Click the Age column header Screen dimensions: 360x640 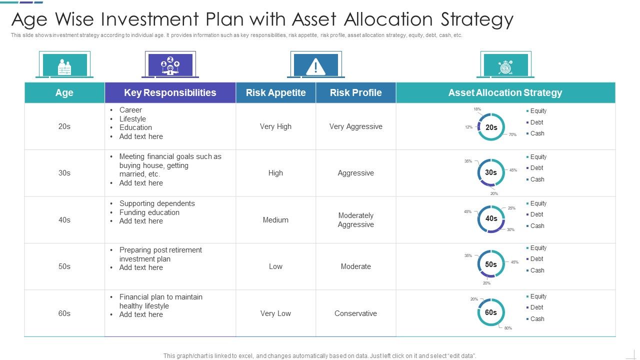coord(64,92)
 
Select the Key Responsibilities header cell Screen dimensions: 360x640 coord(170,92)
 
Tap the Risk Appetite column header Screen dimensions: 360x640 coord(275,92)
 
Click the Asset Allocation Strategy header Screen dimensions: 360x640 coord(505,92)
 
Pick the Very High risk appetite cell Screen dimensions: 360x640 coord(275,126)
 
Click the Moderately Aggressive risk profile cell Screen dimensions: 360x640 coord(355,220)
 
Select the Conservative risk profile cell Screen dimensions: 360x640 coord(355,313)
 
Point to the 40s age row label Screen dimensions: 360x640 coord(64,220)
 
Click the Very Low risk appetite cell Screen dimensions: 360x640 coord(275,313)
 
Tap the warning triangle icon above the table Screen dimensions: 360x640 coord(315,66)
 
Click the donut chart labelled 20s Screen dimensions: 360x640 coord(491,127)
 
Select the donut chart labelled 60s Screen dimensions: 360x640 coord(491,312)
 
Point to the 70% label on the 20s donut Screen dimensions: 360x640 coord(512,134)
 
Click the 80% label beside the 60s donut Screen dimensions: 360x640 coord(508,328)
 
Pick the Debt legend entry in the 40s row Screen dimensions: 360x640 coord(536,214)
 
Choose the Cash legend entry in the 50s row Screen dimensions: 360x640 coord(537,270)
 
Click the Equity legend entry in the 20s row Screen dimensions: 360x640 coord(538,111)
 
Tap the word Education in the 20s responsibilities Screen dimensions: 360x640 coord(135,127)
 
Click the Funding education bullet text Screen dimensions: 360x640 coord(149,212)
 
